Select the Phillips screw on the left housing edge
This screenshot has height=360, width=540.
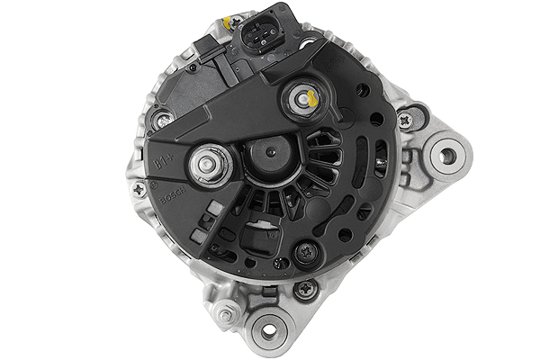click(139, 189)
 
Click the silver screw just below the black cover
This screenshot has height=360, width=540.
click(305, 288)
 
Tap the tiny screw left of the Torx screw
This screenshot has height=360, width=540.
click(282, 262)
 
